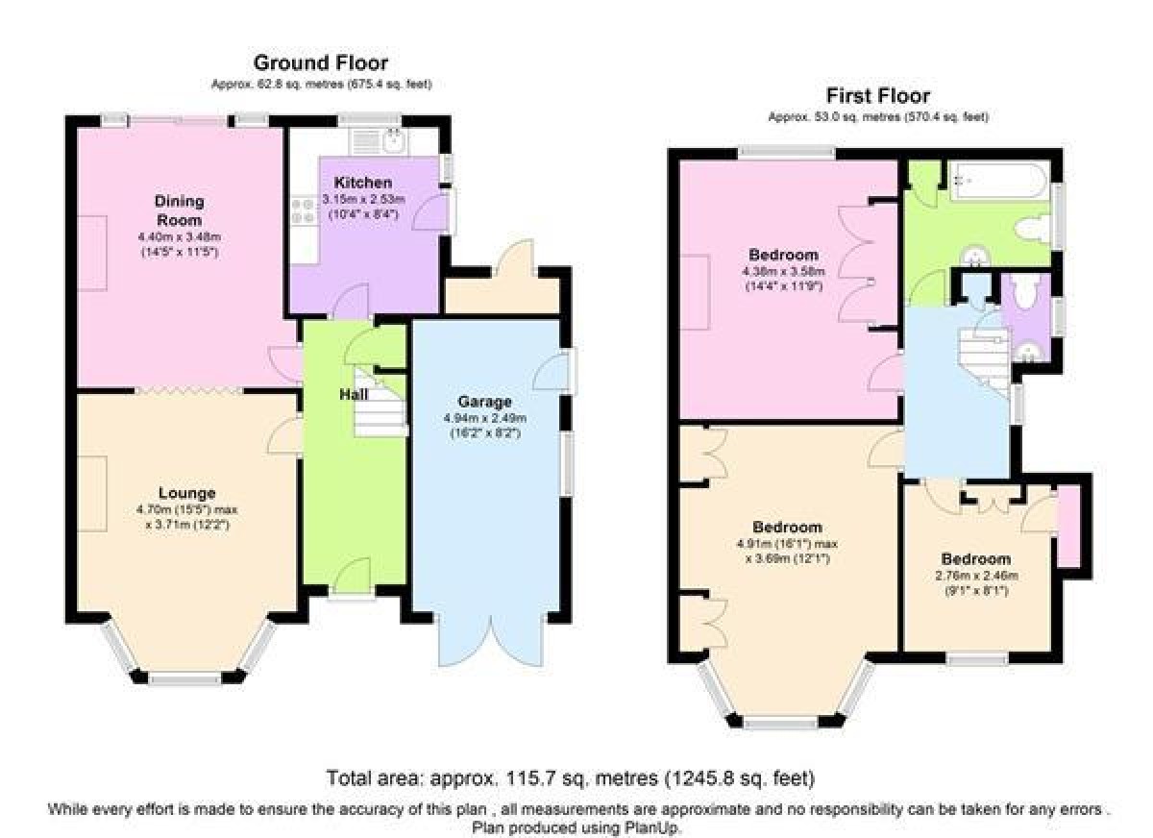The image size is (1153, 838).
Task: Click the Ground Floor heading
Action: pos(321,62)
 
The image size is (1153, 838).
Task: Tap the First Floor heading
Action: pos(878,96)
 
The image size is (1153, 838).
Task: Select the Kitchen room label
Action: pos(363,183)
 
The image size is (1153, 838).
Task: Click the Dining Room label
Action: pos(179,210)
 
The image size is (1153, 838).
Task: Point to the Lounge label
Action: pos(186,493)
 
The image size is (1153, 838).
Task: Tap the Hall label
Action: pos(354,394)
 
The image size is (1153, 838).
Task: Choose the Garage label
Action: pos(484,402)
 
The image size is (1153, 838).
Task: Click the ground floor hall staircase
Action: pos(381,402)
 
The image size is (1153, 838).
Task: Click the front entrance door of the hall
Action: pos(353,579)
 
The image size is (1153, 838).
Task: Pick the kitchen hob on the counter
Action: pos(304,211)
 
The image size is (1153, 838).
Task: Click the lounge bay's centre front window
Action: pos(184,679)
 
